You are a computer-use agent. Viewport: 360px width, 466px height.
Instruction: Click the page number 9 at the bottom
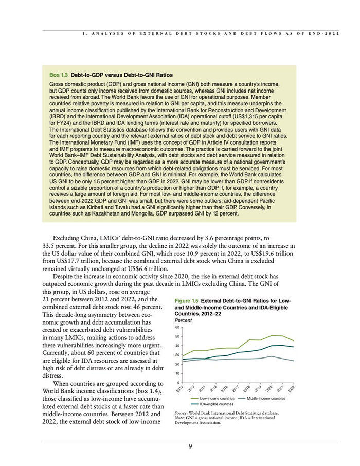190,446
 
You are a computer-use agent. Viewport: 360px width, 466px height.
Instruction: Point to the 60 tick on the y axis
177,327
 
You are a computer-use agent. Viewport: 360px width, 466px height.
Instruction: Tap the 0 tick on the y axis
178,383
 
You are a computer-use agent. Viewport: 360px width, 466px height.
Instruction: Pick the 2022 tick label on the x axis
291,389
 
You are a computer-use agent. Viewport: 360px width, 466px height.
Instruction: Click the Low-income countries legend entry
217,399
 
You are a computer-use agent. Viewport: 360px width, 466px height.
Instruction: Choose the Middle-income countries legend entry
266,399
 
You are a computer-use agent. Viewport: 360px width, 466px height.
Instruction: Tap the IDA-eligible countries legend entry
217,404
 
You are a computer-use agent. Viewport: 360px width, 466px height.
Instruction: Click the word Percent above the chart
183,320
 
